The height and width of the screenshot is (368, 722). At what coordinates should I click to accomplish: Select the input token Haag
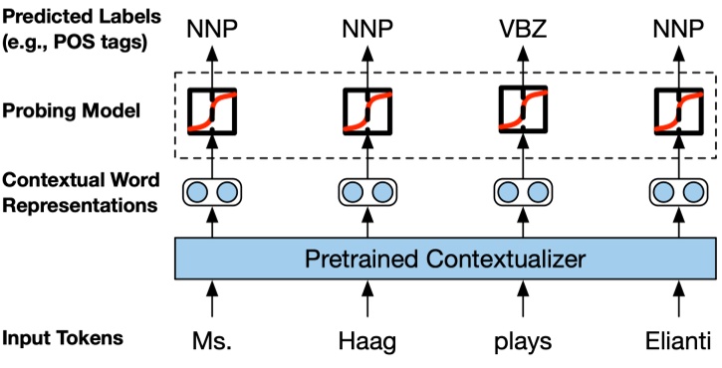click(x=367, y=341)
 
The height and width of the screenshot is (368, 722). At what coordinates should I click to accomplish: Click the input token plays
click(x=523, y=341)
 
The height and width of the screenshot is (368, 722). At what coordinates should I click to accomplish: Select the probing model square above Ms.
click(x=213, y=110)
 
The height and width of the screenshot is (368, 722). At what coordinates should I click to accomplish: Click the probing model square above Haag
click(x=367, y=110)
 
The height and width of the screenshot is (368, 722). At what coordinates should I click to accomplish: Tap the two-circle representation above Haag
click(x=367, y=191)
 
